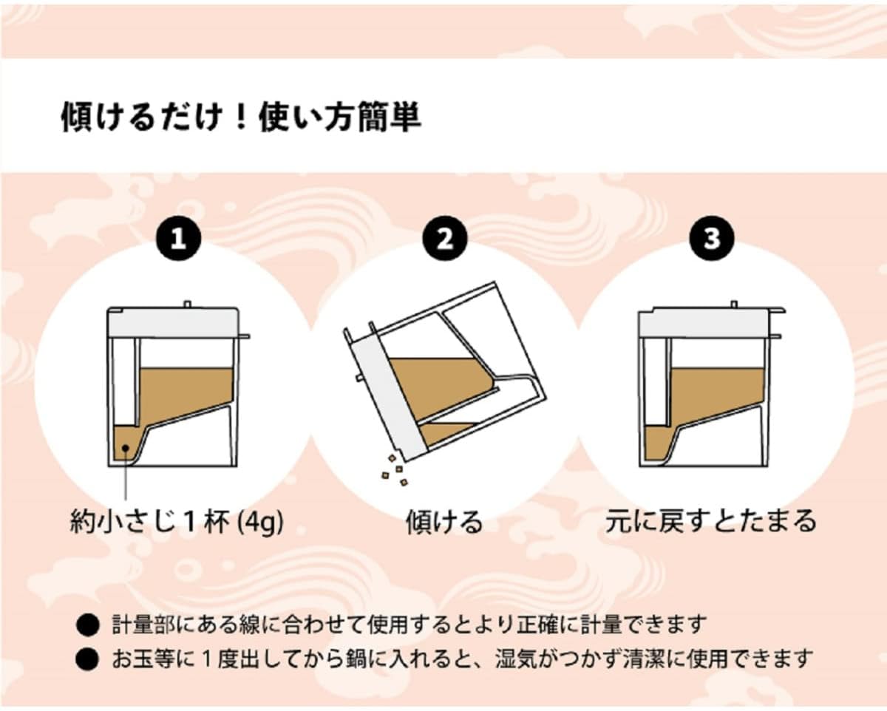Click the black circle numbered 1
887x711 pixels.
178,239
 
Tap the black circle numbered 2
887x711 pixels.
445,239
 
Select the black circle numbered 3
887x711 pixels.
712,239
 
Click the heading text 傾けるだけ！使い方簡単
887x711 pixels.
241,118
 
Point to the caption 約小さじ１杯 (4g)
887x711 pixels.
177,523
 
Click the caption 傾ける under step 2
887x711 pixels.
444,523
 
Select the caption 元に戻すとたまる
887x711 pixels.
711,521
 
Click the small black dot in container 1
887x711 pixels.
126,448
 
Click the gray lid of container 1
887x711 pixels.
173,322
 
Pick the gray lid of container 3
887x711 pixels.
704,322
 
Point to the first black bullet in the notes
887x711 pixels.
87,625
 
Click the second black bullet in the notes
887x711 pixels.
87,659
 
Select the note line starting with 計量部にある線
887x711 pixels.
409,625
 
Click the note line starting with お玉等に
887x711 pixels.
463,659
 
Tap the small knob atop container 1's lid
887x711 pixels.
187,304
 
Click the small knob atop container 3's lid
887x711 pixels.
734,304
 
